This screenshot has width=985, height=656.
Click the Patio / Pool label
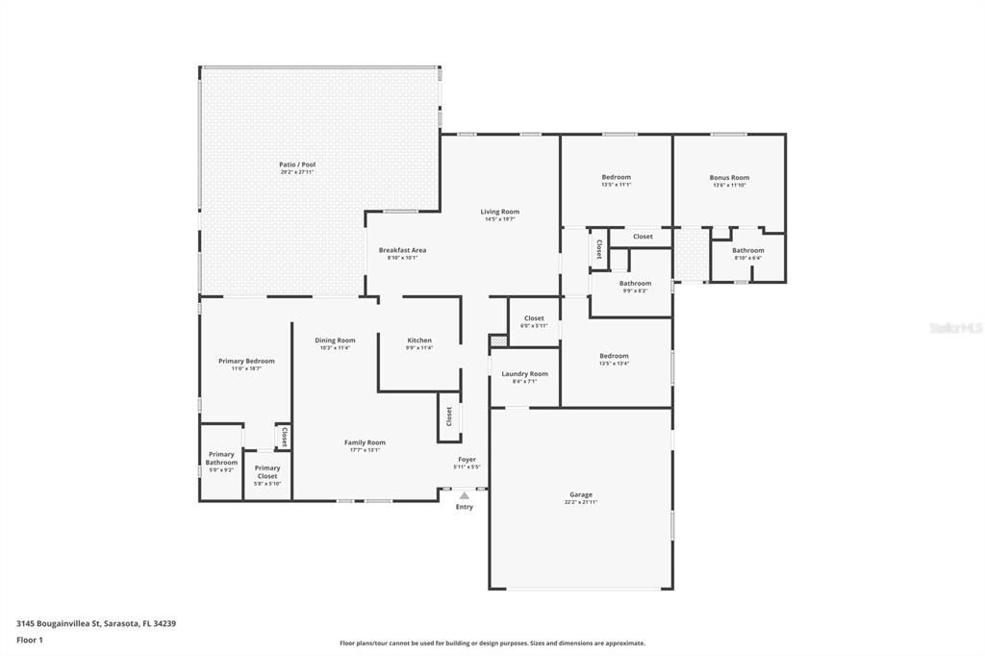click(297, 164)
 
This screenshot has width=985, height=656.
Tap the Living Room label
click(500, 212)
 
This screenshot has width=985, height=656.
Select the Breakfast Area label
click(402, 250)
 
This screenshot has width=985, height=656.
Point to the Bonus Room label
click(729, 177)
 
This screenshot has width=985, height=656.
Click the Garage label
click(581, 494)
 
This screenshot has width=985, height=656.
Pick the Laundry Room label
click(525, 373)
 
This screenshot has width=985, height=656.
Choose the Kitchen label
click(419, 341)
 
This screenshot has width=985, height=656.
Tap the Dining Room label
click(335, 341)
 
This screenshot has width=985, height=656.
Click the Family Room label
click(365, 442)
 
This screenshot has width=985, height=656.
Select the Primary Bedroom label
click(246, 361)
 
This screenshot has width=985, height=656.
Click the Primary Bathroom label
click(221, 458)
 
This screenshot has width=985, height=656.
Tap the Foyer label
click(467, 460)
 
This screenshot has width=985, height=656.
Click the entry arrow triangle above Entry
click(465, 496)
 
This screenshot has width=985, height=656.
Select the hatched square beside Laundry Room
click(497, 341)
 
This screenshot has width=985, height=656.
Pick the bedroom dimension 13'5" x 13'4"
click(614, 364)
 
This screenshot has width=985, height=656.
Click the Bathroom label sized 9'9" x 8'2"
click(635, 283)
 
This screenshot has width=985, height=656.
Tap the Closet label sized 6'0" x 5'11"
click(534, 318)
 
